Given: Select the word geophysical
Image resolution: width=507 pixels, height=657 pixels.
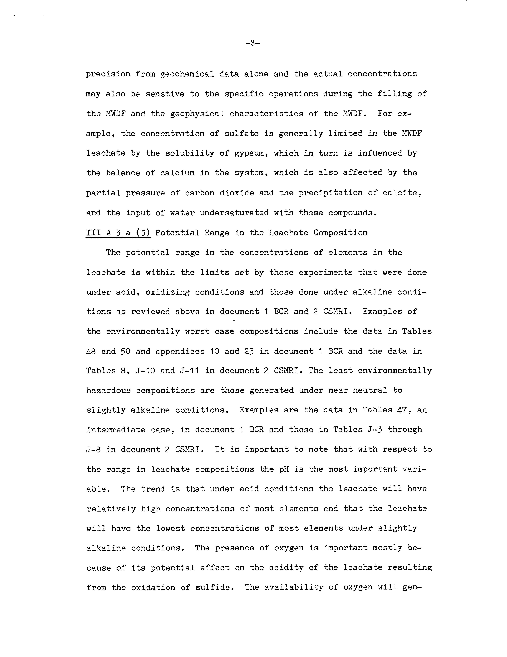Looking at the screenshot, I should coord(197,114).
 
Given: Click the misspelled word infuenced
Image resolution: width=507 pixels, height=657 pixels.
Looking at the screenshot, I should coord(380,153).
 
